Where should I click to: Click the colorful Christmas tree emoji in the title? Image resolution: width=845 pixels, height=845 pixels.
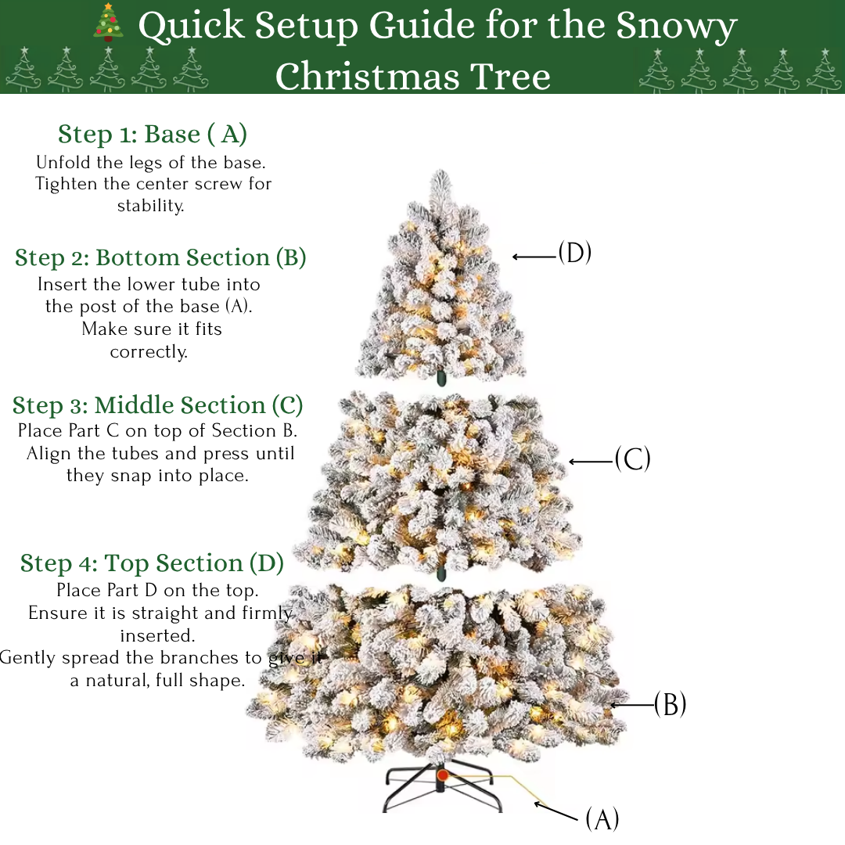pos(108,22)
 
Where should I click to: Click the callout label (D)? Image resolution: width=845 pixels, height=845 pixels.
pos(574,252)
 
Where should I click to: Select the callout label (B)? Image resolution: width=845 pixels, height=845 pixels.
pos(670,704)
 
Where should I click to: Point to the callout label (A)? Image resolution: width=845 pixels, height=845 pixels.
pos(602,819)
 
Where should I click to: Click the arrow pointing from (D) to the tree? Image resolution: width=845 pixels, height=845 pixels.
pos(534,257)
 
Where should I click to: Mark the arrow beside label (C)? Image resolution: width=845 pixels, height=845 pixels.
pos(591,462)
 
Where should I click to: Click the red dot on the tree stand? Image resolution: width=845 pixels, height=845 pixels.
pos(442,775)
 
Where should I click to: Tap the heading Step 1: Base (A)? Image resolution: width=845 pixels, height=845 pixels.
pos(153,135)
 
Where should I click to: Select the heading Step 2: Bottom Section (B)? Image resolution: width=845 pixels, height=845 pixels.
pos(160,257)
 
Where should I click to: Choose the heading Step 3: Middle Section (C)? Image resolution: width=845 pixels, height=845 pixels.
pos(158,405)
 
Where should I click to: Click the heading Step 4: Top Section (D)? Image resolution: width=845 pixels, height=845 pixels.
pos(152,563)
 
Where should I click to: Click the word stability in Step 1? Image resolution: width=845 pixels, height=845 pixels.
pos(150,206)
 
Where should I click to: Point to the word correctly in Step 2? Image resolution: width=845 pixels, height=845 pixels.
pos(149,352)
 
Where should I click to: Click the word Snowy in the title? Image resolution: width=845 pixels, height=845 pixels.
pos(676,26)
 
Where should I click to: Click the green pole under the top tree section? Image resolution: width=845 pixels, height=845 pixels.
pos(441,378)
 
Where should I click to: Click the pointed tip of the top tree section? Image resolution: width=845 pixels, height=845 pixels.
pos(440,171)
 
